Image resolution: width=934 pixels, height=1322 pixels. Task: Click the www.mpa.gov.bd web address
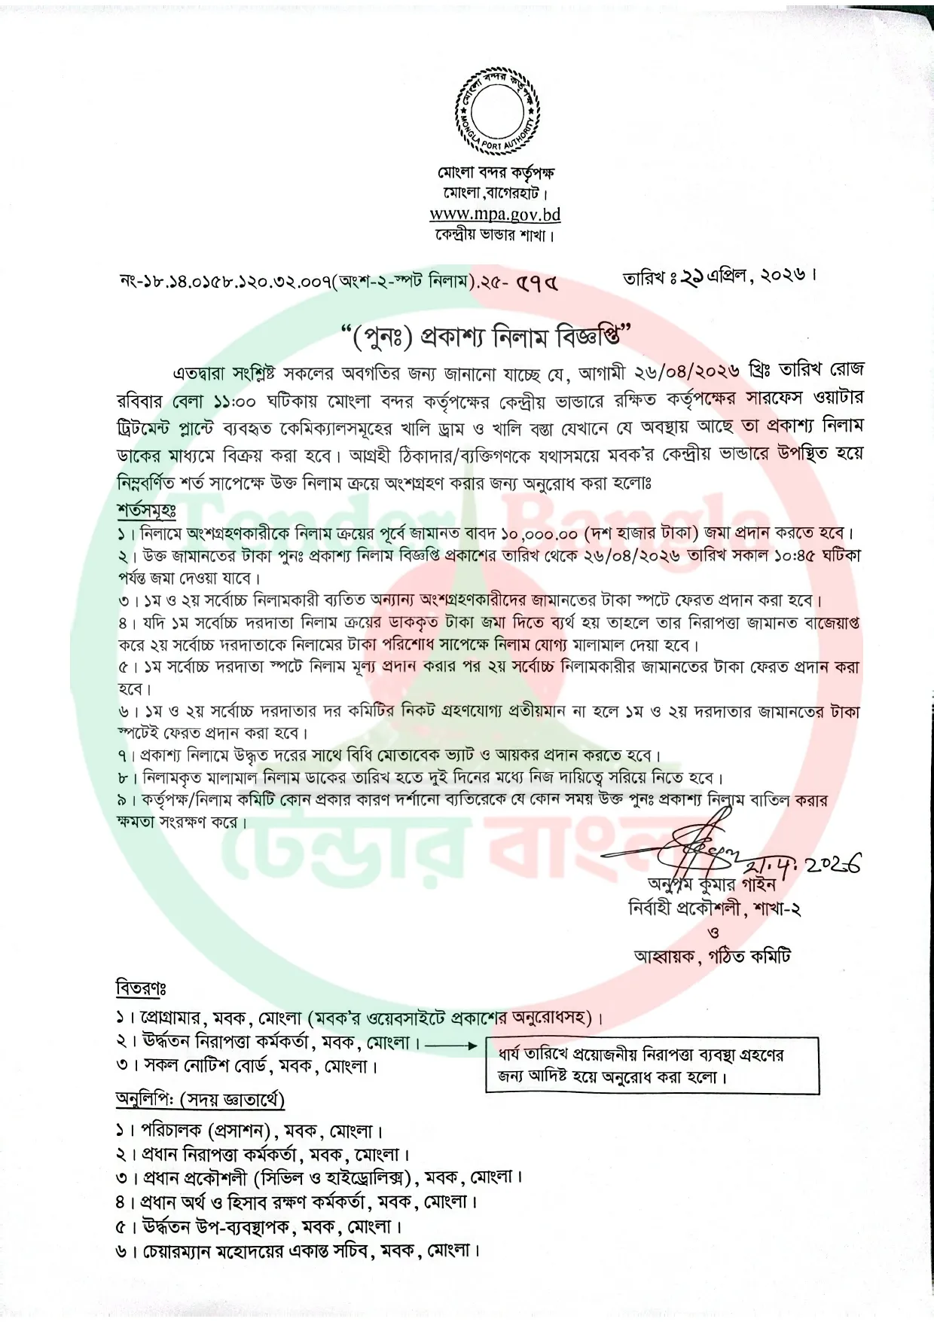coord(495,214)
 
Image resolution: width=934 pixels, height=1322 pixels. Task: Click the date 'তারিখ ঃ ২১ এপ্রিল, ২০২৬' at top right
coord(719,276)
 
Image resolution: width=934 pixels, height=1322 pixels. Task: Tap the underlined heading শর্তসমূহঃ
coord(146,510)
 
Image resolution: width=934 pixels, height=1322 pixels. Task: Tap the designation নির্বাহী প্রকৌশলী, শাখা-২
coord(714,908)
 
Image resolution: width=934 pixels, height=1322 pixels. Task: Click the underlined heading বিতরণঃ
coord(141,987)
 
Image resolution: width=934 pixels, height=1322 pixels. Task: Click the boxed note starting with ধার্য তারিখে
coord(652,1065)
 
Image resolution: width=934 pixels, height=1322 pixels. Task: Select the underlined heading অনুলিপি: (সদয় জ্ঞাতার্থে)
coord(200,1099)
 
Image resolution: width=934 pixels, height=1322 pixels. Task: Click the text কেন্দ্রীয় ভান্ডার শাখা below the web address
coord(495,236)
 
